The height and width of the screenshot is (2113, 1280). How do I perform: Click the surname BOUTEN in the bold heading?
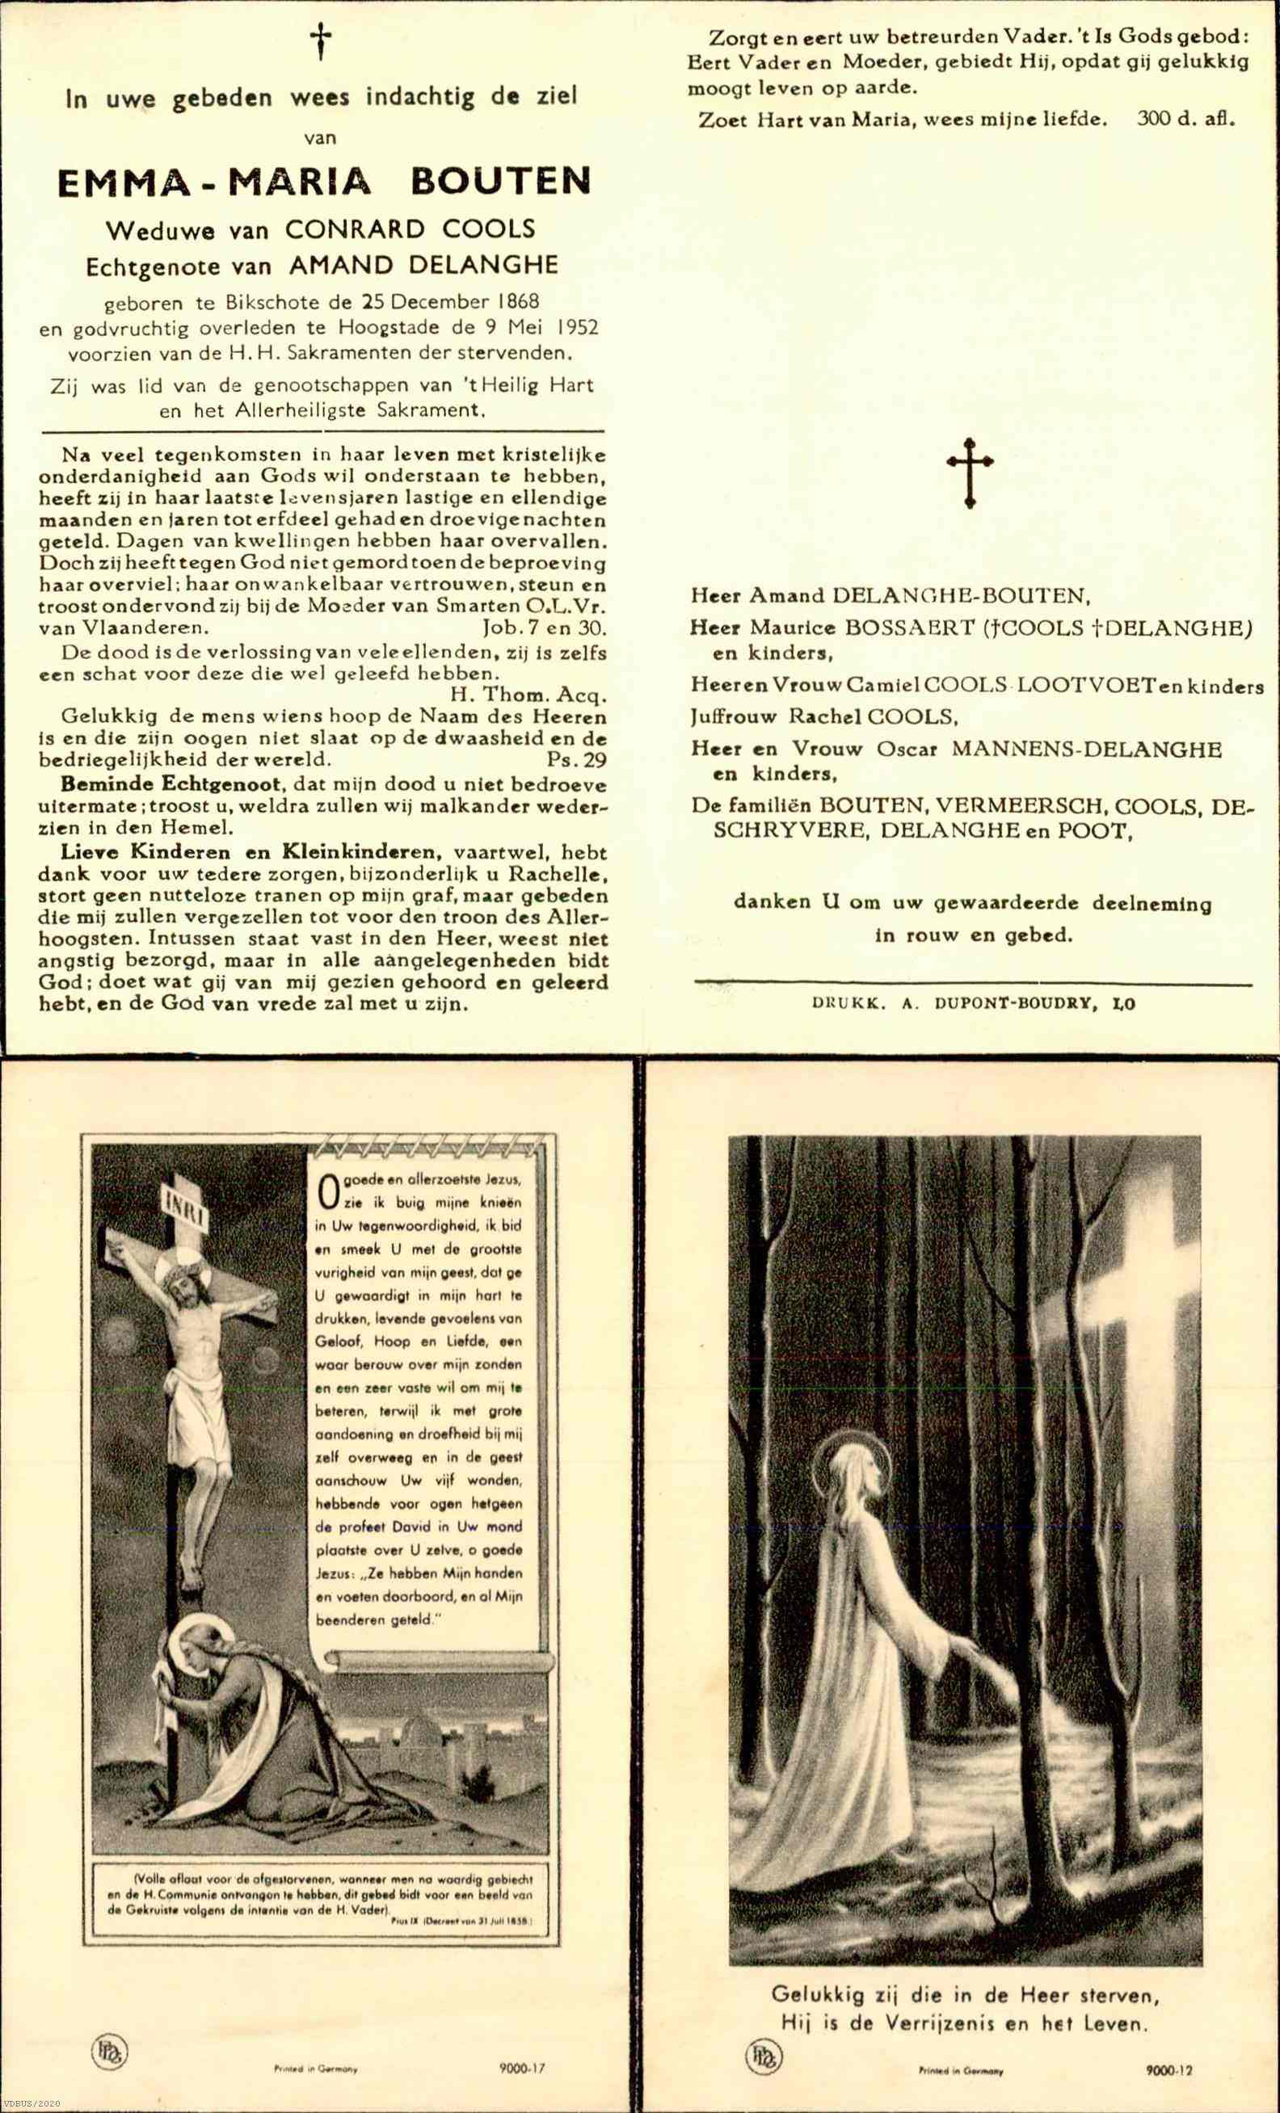click(501, 182)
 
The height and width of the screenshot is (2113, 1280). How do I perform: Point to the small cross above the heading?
click(321, 41)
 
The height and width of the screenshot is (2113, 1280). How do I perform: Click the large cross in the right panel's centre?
click(970, 472)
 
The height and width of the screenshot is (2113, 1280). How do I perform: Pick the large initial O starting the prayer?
click(326, 1191)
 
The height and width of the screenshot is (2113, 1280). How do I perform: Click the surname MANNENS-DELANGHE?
click(1085, 750)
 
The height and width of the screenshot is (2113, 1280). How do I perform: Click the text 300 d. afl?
click(1185, 120)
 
